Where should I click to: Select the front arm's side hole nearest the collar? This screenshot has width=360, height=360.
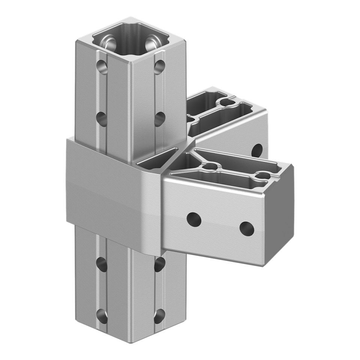[194, 219]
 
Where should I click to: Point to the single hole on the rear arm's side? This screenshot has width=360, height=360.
[258, 150]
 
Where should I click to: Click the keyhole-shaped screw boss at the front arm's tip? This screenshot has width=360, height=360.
[262, 175]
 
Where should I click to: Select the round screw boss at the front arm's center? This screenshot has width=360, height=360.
[211, 166]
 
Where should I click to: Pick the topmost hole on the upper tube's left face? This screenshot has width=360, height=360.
[101, 66]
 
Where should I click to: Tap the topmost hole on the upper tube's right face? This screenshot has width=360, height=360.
[159, 66]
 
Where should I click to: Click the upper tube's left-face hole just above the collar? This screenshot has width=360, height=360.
[101, 118]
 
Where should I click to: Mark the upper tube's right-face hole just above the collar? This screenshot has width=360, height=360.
[160, 119]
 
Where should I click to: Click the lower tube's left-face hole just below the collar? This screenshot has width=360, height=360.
[101, 262]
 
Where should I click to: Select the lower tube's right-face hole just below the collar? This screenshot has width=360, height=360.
[159, 263]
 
